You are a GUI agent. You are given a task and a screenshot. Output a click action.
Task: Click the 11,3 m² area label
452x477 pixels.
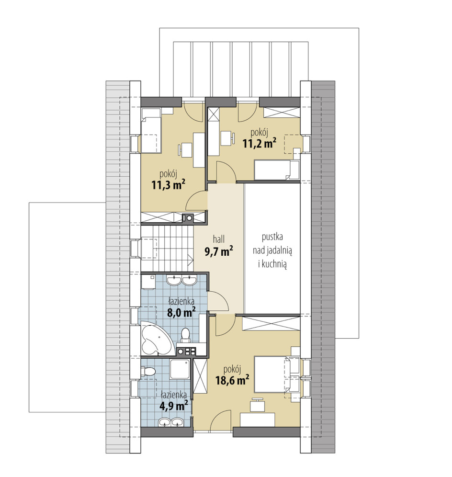tap(169, 185)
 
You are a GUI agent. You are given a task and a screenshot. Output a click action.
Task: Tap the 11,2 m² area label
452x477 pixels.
tap(260, 143)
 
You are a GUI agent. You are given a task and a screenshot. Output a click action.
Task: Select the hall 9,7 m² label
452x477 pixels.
tap(219, 246)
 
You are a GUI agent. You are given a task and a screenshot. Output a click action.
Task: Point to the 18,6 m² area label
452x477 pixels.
tap(232, 380)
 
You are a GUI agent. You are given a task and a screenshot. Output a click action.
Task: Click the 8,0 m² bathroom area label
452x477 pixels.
tap(181, 312)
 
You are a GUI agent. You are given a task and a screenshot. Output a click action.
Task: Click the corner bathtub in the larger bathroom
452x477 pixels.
tap(157, 338)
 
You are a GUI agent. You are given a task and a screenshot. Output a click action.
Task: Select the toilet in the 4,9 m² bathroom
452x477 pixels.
tap(148, 372)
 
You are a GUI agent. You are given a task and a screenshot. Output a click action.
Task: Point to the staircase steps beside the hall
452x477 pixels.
tap(167, 248)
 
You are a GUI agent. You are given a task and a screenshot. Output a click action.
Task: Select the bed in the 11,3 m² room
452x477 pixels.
tap(151, 135)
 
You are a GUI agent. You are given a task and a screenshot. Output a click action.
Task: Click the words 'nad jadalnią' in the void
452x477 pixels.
tap(272, 251)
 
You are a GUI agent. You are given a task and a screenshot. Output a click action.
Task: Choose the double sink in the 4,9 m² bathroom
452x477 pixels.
tap(170, 422)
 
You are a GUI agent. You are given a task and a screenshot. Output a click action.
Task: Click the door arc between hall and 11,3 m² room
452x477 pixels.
tap(195, 200)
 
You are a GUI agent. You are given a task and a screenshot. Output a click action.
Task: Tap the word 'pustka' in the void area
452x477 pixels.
tap(272, 237)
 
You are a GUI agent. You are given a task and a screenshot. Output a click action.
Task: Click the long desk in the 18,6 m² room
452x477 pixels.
tap(257, 419)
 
